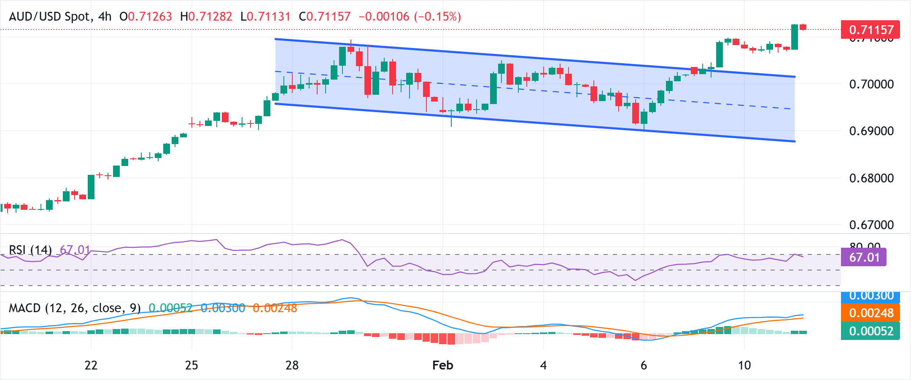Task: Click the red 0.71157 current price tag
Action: (870, 29)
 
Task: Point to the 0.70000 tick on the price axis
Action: (871, 84)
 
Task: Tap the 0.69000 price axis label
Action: (871, 131)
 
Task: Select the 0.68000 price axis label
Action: (871, 178)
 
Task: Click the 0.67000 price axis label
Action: (871, 225)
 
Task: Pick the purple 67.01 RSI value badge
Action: (864, 257)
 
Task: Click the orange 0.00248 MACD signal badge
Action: (871, 313)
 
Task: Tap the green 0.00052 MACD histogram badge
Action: (871, 331)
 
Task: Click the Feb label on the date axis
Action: (442, 365)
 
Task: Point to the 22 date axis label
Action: (91, 365)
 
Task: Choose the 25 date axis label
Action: (191, 365)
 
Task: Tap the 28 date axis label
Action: (292, 365)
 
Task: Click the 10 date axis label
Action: (744, 365)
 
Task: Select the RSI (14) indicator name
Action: (30, 250)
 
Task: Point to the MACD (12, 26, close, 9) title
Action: (75, 308)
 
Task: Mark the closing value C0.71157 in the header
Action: (325, 17)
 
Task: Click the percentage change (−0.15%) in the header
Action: (437, 17)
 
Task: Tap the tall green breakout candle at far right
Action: (795, 37)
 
